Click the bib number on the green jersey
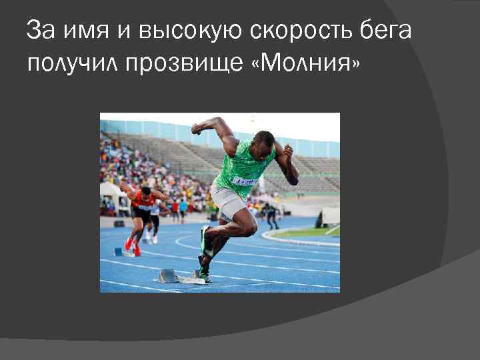pyautogui.click(x=244, y=181)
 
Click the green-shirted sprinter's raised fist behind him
pyautogui.click(x=197, y=128)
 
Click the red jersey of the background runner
pyautogui.click(x=143, y=200)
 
